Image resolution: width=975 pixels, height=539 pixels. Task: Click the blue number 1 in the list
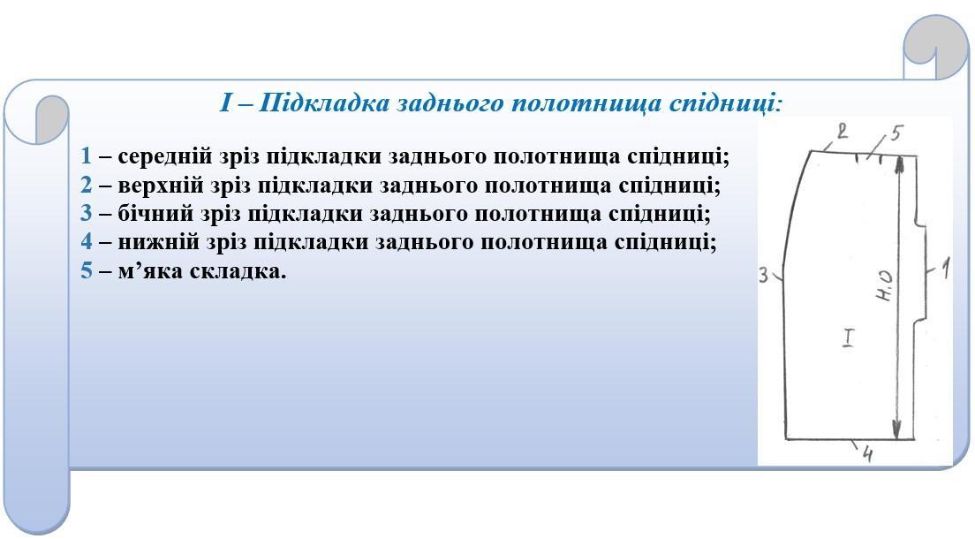[x=86, y=156]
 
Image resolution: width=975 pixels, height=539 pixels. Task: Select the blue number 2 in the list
[x=86, y=185]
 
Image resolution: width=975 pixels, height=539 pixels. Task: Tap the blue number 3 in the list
[x=86, y=214]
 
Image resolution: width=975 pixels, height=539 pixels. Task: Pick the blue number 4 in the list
[x=86, y=241]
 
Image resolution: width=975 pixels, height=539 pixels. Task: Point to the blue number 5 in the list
[x=86, y=270]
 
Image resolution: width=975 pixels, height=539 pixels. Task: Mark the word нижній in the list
[x=159, y=241]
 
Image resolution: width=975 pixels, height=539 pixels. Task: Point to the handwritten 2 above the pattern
[x=842, y=132]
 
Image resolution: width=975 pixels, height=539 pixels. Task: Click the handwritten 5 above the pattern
[x=896, y=133]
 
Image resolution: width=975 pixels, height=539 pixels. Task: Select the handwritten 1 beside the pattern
[x=945, y=269]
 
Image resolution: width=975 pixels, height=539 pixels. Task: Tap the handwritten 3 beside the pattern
[x=764, y=275]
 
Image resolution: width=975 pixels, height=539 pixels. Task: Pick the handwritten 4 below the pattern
[x=867, y=455]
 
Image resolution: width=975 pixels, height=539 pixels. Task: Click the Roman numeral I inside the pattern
[x=848, y=337]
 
